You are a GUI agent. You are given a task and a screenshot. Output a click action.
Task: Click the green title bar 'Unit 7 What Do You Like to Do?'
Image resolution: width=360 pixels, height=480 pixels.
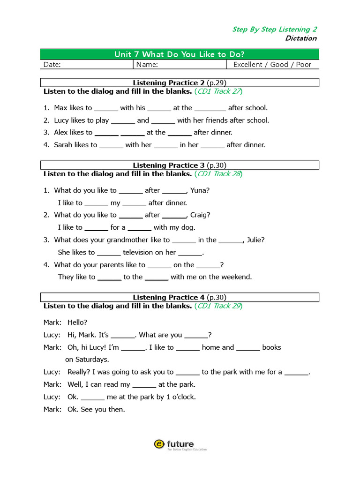click(180, 54)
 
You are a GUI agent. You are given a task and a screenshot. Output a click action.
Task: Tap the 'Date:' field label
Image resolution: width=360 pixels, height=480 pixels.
click(52, 65)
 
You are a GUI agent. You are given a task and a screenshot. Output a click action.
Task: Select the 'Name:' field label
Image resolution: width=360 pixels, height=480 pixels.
click(147, 65)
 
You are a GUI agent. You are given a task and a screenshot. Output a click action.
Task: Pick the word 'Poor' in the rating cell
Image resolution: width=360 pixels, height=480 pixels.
click(304, 65)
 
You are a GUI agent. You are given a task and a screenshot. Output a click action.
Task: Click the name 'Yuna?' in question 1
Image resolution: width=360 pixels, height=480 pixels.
click(200, 190)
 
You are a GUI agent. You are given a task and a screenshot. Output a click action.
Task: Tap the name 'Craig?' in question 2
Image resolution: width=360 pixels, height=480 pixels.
click(200, 215)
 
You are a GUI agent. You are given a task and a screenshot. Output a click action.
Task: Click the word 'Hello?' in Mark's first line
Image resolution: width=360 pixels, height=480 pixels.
click(77, 322)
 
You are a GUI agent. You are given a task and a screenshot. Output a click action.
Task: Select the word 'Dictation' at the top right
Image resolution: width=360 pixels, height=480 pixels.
click(301, 38)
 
